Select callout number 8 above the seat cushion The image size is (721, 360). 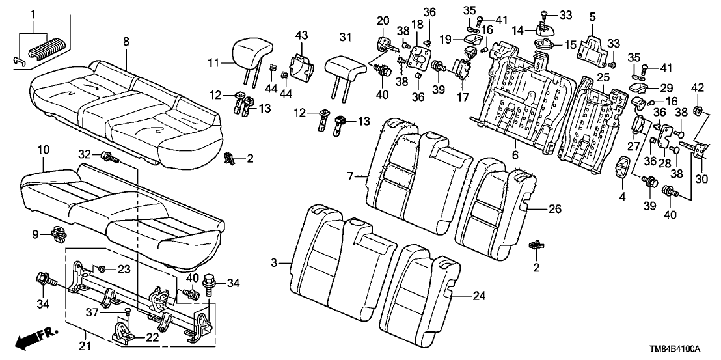pyautogui.click(x=126, y=41)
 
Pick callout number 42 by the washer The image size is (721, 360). pyautogui.click(x=698, y=87)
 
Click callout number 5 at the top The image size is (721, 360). pyautogui.click(x=592, y=16)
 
